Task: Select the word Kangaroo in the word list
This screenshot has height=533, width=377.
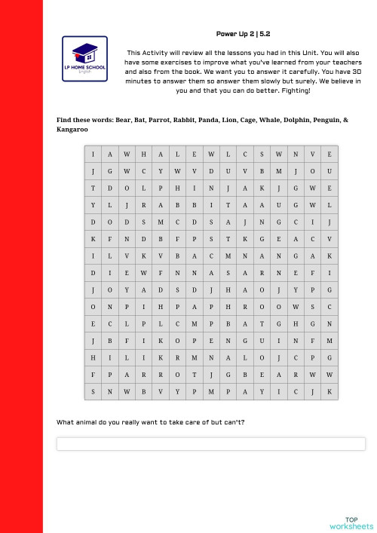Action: pos(72,130)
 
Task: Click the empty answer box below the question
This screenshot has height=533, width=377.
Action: pos(210,444)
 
